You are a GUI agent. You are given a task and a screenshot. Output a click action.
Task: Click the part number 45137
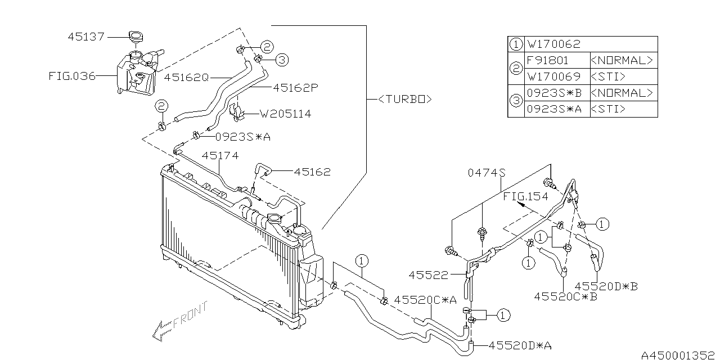point(86,37)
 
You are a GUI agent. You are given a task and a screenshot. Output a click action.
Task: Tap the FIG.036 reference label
point(73,76)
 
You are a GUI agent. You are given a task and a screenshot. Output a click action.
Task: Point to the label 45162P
point(295,88)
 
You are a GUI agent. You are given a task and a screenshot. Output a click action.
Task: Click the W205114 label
point(285,114)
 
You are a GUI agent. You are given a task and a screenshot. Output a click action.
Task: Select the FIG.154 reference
point(525,196)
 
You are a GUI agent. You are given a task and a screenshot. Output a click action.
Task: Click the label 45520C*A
point(424,300)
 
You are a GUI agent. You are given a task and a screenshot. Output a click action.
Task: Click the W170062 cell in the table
point(553,44)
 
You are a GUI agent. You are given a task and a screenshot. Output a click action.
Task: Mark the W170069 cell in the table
point(553,76)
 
